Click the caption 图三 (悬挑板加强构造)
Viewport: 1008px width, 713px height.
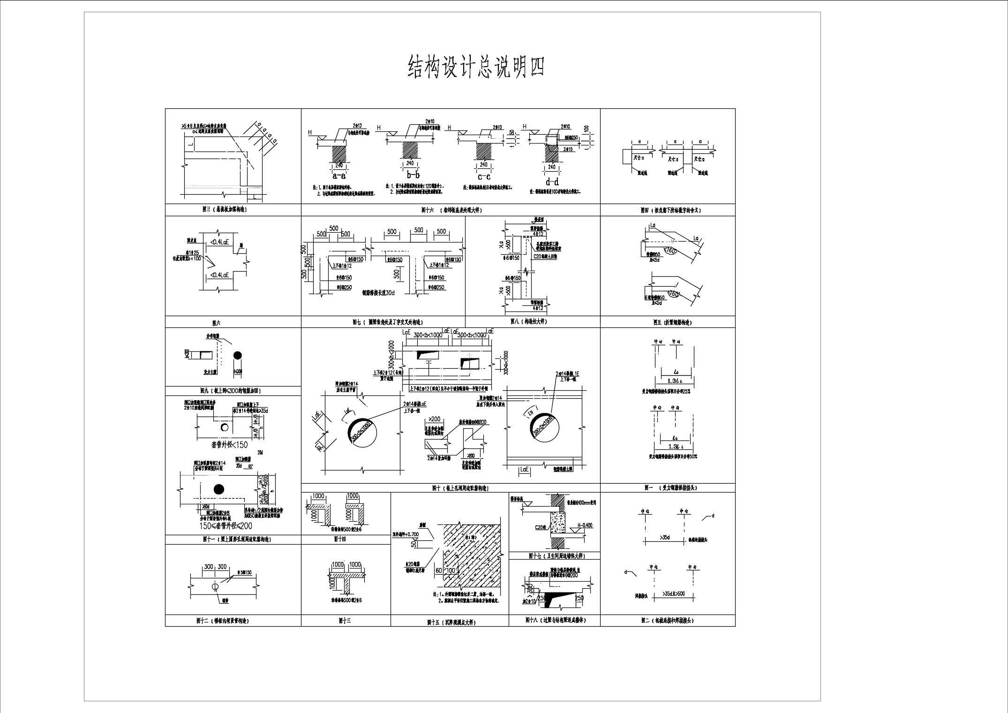coord(221,210)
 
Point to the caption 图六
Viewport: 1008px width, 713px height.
coord(216,323)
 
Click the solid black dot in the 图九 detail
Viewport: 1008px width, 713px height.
coord(239,356)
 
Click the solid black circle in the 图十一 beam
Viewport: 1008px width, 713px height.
coord(218,489)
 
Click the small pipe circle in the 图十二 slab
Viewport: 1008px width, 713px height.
coord(215,586)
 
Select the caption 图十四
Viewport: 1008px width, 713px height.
coord(339,539)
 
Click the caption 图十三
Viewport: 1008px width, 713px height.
coord(345,621)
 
